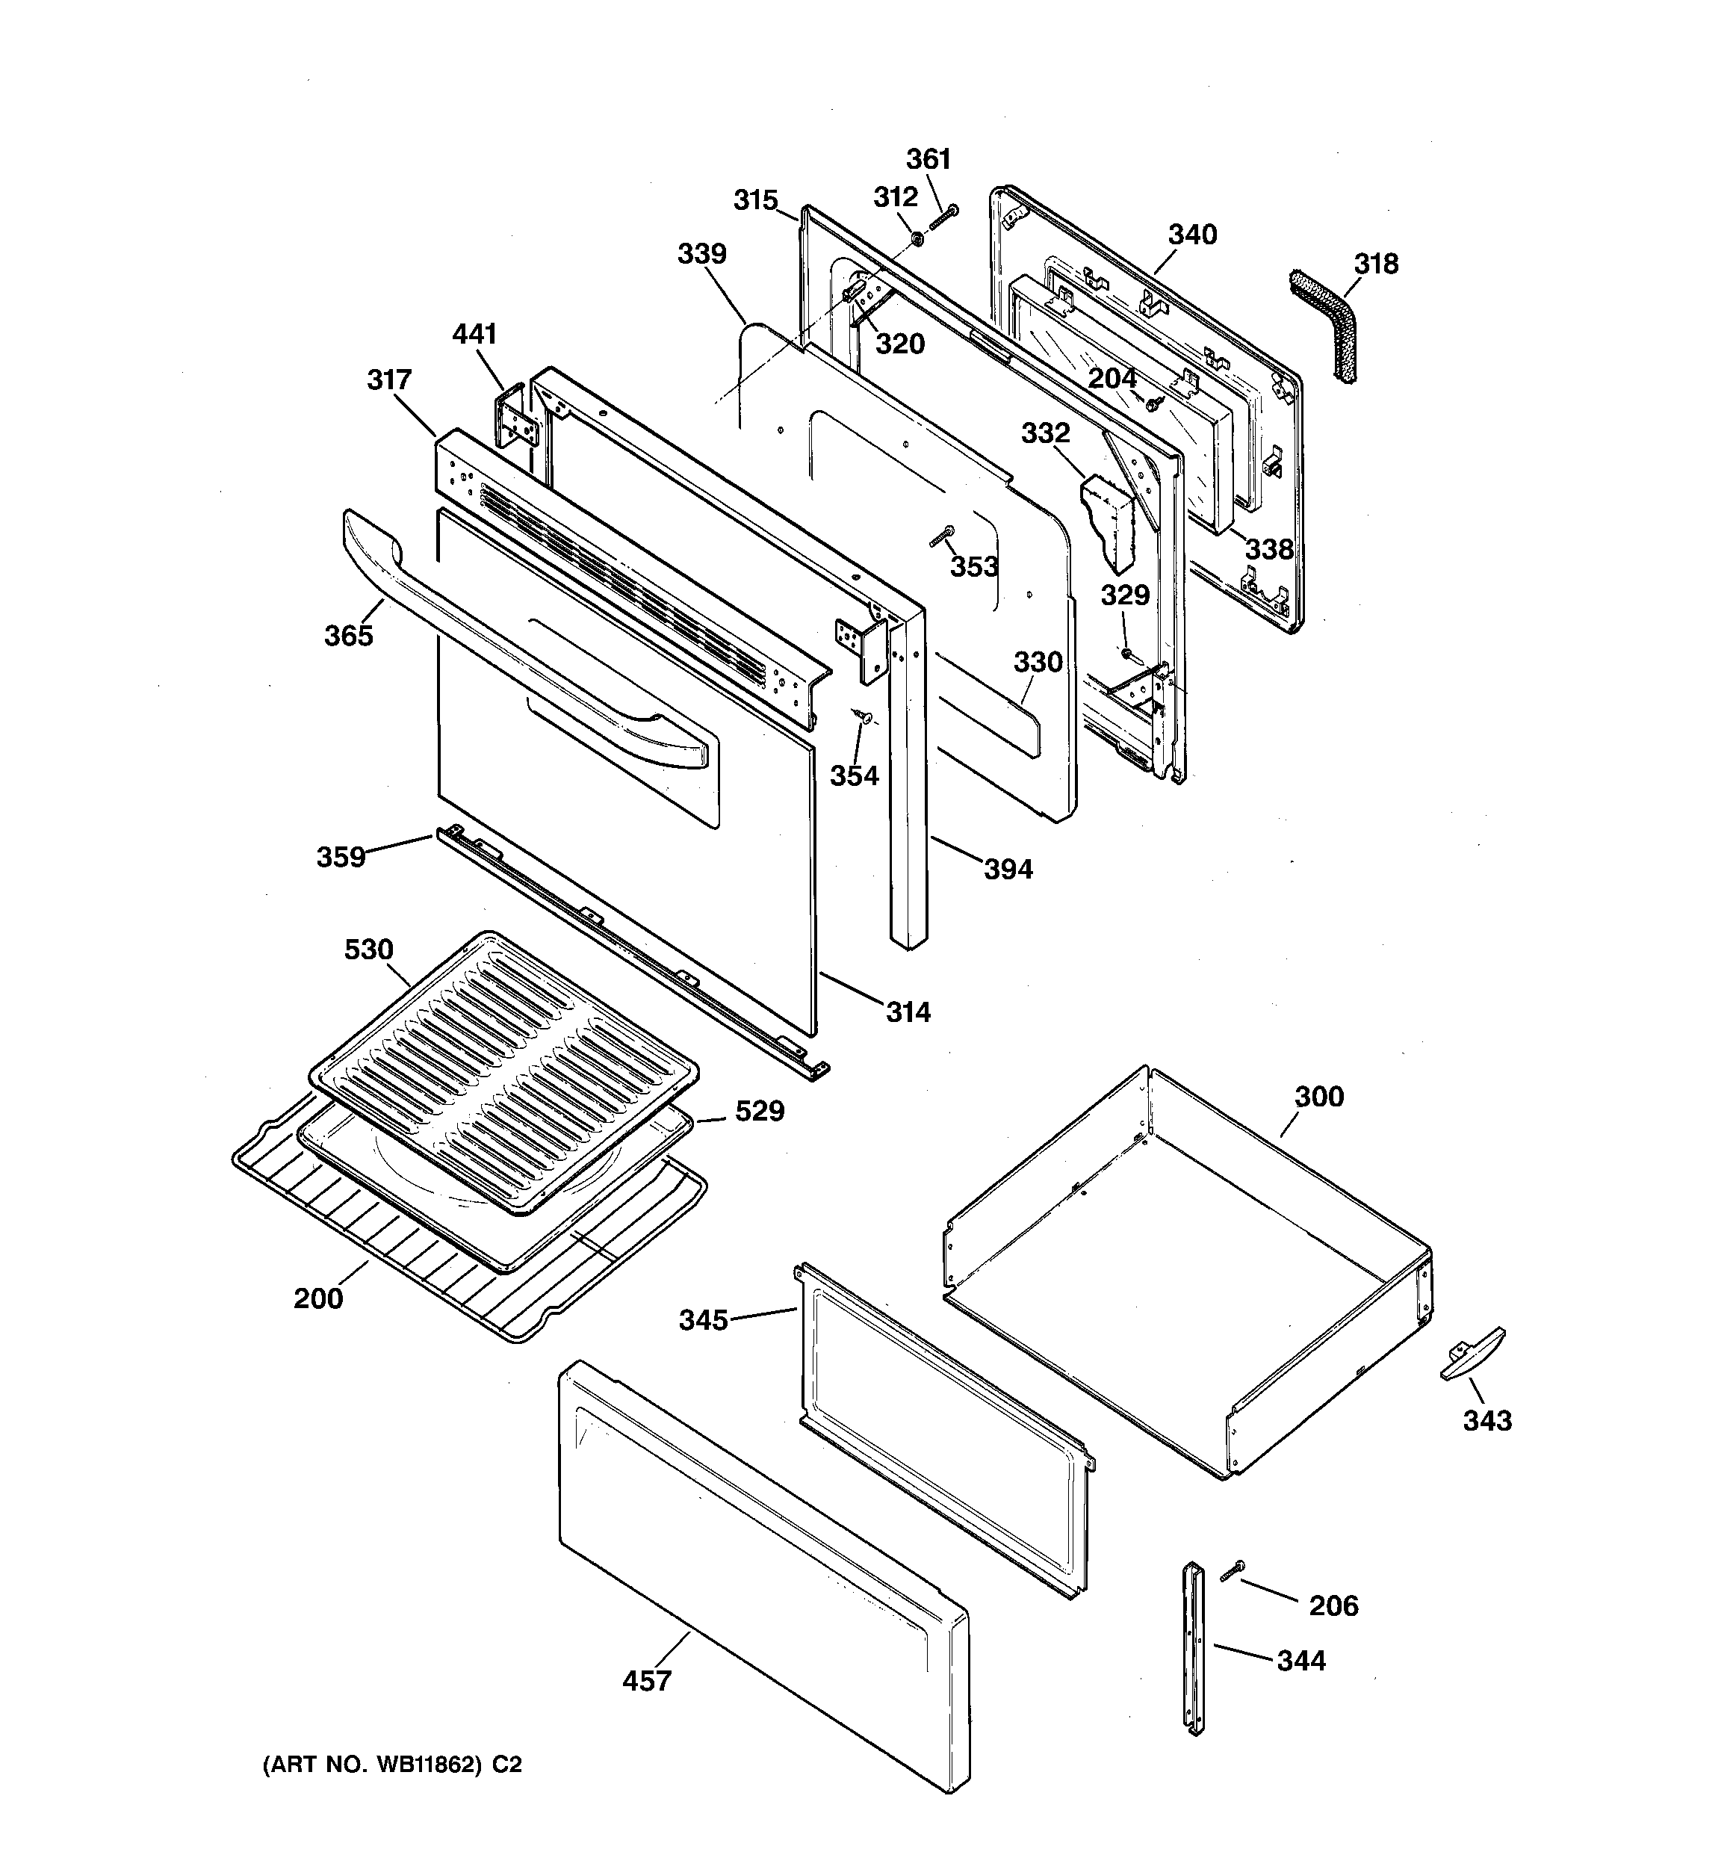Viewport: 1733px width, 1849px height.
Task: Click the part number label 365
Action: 348,637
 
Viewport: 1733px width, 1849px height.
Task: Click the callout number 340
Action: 1192,235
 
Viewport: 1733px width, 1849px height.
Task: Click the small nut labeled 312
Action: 915,238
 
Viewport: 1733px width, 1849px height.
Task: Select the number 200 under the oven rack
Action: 318,1298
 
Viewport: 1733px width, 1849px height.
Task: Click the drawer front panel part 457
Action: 763,1572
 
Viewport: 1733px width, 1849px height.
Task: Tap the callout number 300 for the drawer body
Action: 1319,1097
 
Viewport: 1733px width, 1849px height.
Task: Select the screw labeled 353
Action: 942,536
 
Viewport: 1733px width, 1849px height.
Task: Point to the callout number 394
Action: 1008,870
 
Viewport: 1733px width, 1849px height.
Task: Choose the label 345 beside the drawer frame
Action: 703,1320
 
